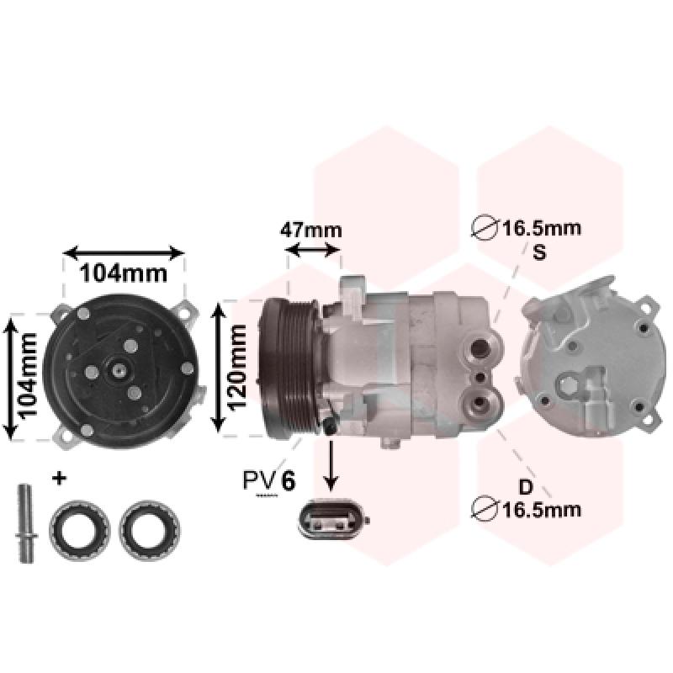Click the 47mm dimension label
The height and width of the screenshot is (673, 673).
pos(311,231)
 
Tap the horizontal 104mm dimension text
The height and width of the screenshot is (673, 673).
pos(124,273)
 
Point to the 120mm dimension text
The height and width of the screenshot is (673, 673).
pos(236,367)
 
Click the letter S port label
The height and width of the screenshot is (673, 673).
pos(539,252)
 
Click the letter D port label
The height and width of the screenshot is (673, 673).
pos(526,487)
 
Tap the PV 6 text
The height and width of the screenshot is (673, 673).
pos(269,480)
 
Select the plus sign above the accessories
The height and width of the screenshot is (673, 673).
pos(59,478)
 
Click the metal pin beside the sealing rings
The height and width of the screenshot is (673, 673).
pos(26,522)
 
